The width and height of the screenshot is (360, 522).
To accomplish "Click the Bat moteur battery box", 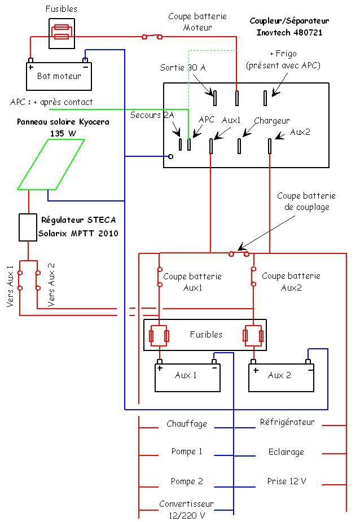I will coord(59,76).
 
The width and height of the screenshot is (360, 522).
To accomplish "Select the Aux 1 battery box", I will coord(187,377).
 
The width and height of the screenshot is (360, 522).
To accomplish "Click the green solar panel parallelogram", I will coord(51,164).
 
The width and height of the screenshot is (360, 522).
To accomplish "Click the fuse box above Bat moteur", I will coord(60,34).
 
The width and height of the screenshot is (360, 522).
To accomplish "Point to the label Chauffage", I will coord(187,423).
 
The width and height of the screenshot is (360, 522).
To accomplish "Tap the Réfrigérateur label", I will coord(287,422).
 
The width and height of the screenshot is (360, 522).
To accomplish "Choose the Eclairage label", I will coord(286,452).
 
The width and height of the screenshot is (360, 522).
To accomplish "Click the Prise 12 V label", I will coord(287,481).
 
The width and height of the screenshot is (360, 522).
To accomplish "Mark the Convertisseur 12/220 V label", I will coord(187,509).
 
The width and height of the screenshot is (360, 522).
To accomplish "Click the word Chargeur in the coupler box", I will coord(271,120).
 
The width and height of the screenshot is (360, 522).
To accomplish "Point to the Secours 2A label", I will coord(152,115).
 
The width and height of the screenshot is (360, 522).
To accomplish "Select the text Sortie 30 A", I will coord(182,68).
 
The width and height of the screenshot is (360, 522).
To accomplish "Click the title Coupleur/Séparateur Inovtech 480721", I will coord(289,25).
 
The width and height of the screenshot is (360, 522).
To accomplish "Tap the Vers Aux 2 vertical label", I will coord(51,285).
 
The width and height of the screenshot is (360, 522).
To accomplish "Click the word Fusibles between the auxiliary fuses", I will coord(206,335).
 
